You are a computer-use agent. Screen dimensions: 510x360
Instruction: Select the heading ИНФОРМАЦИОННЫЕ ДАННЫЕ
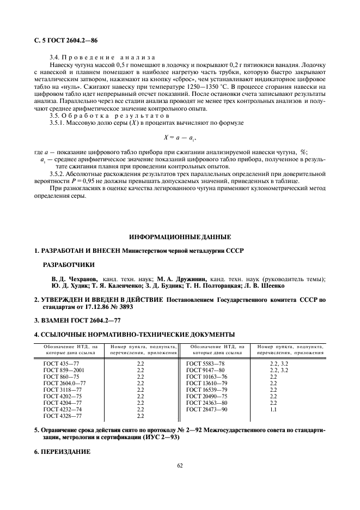coord(180,237)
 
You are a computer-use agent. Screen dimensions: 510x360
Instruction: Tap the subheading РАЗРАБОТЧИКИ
coord(69,265)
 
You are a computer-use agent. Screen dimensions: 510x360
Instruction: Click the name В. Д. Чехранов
coord(75,279)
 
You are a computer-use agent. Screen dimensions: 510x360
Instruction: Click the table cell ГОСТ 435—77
coord(62,363)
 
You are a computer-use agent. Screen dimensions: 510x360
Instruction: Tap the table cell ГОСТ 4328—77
coord(63,416)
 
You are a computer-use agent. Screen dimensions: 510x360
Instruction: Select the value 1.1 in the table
coord(274,409)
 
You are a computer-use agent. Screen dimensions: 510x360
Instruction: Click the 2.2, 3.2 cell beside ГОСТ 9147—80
coord(279,370)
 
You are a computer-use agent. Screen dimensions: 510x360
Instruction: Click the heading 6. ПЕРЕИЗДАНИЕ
coord(62,452)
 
